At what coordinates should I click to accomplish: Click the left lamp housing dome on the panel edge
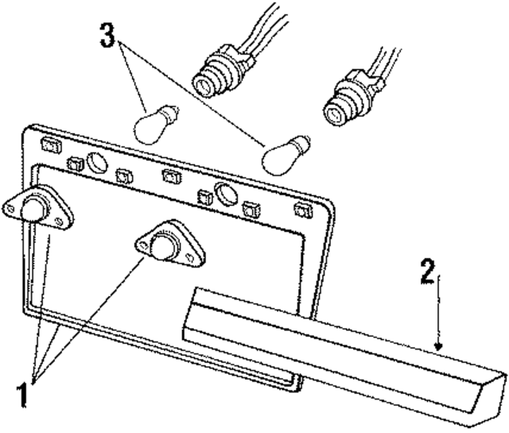point(33,208)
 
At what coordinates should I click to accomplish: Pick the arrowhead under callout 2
point(437,345)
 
